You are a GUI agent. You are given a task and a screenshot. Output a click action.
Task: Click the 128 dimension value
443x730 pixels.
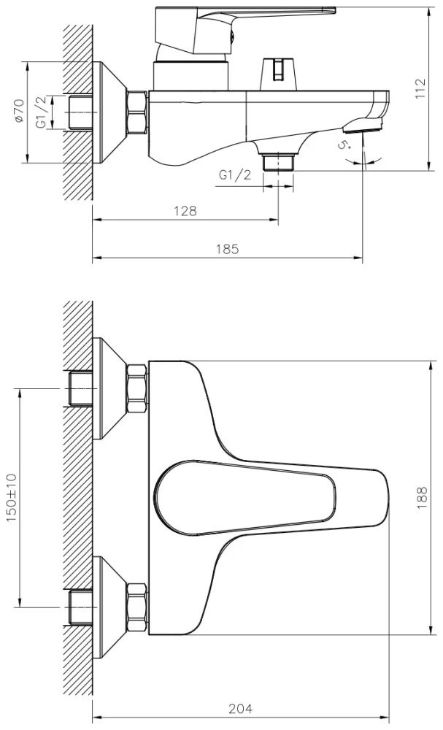pos(185,211)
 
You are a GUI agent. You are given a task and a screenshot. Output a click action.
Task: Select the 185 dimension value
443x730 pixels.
pos(228,249)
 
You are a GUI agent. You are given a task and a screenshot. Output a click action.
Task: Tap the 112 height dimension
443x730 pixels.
pos(420,89)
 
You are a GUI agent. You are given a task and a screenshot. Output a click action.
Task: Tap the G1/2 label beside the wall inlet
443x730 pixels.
pos(42,112)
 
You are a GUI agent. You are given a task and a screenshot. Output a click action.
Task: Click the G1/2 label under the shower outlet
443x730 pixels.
pos(234,175)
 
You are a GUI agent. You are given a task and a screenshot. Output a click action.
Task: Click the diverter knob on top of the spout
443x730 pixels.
pos(277,71)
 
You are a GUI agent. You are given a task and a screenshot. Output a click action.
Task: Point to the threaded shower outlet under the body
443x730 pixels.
pos(278,160)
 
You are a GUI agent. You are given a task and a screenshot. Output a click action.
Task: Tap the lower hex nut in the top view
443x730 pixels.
pos(136,607)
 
